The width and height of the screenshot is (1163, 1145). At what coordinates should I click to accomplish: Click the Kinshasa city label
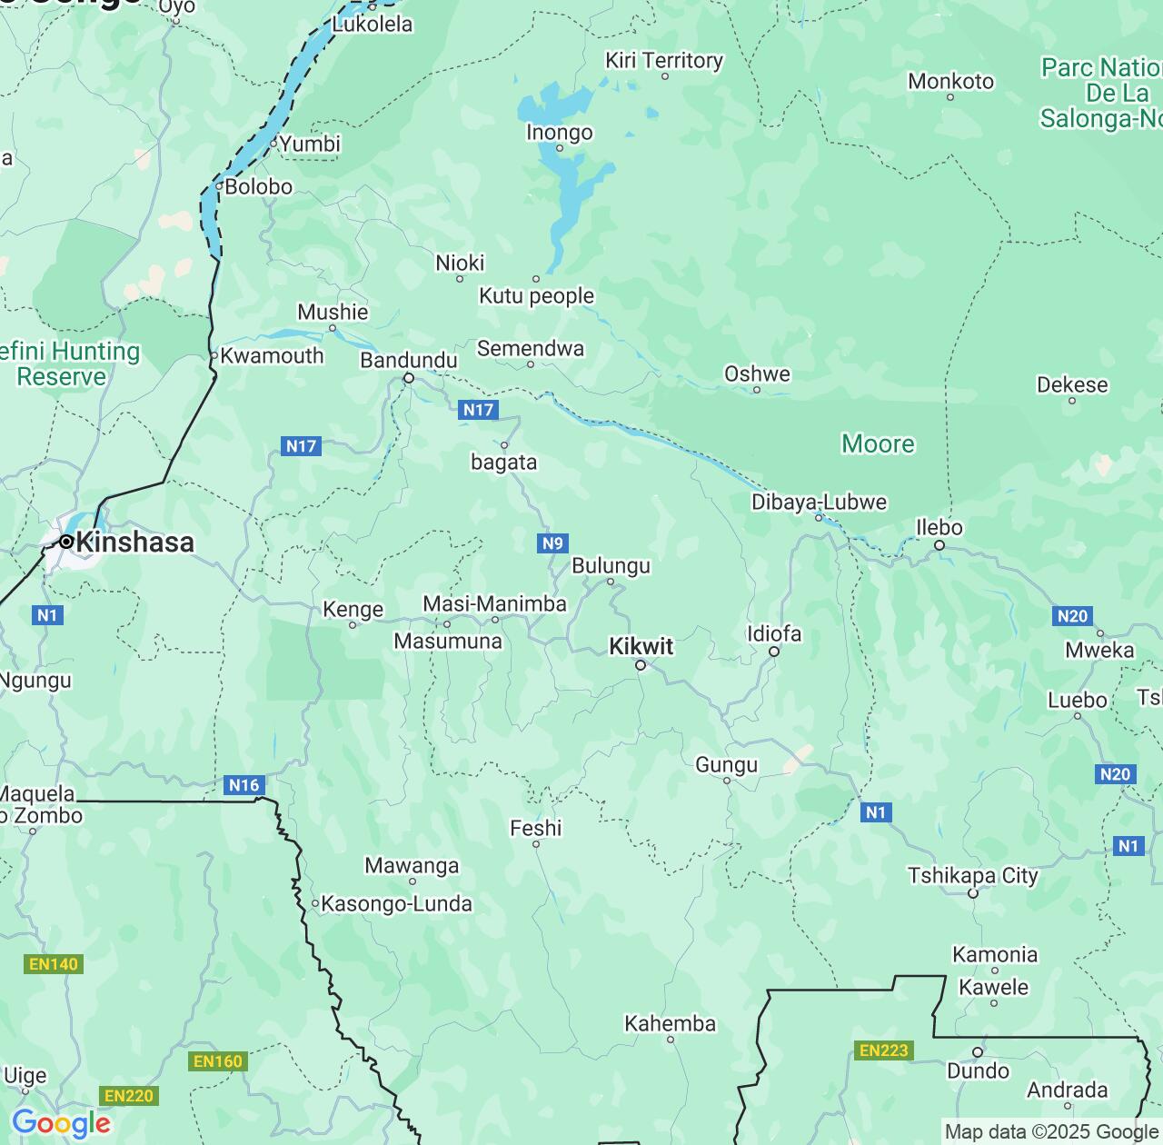pyautogui.click(x=134, y=543)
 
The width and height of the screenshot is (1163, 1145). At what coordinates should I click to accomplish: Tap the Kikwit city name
pyautogui.click(x=641, y=647)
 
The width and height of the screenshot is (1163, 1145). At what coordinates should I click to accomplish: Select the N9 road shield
pyautogui.click(x=552, y=543)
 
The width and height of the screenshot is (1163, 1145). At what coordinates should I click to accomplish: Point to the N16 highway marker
pyautogui.click(x=244, y=785)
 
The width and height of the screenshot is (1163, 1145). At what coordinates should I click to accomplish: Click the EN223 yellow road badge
pyautogui.click(x=883, y=1050)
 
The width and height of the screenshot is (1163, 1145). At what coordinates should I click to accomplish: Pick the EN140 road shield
pyautogui.click(x=54, y=963)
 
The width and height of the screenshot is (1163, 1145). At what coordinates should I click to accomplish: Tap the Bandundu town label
pyautogui.click(x=409, y=361)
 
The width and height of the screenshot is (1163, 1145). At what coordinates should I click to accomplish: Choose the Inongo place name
pyautogui.click(x=559, y=133)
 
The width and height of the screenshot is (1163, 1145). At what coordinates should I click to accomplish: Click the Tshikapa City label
pyautogui.click(x=972, y=876)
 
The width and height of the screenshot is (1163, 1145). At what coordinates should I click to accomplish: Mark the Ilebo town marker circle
pyautogui.click(x=939, y=545)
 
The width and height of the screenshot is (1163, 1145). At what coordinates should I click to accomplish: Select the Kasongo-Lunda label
pyautogui.click(x=397, y=904)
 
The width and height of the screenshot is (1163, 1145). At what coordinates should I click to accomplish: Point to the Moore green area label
pyautogui.click(x=878, y=444)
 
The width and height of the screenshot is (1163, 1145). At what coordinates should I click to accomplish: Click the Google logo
pyautogui.click(x=61, y=1123)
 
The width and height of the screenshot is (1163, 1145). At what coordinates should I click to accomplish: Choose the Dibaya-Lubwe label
pyautogui.click(x=819, y=503)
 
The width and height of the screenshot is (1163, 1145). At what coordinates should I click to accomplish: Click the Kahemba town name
pyautogui.click(x=670, y=1024)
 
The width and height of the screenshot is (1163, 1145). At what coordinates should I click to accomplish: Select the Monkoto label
pyautogui.click(x=950, y=82)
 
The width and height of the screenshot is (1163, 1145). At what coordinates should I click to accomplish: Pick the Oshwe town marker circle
pyautogui.click(x=757, y=390)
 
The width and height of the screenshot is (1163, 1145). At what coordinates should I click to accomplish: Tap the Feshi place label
pyautogui.click(x=535, y=829)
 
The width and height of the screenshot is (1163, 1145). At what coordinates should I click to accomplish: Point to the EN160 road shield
pyautogui.click(x=218, y=1060)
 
